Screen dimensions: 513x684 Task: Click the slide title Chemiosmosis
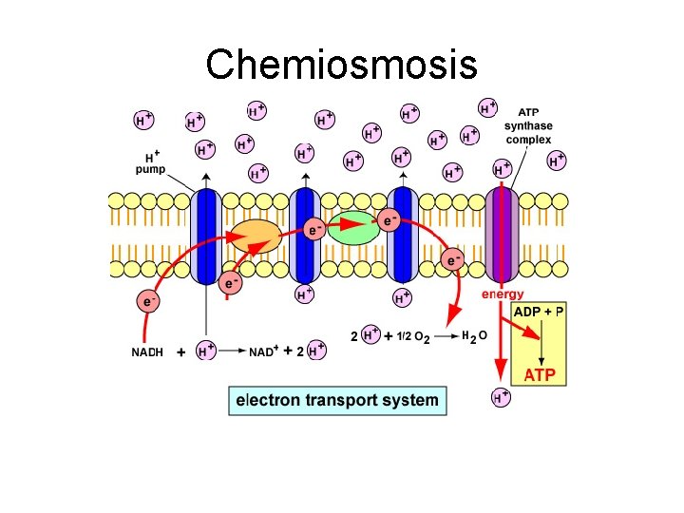pos(341,65)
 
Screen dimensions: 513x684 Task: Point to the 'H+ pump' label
pos(150,163)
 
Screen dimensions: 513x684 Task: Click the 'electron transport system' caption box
pos(337,400)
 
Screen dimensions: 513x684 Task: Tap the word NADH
pos(147,351)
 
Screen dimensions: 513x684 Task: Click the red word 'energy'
pos(502,294)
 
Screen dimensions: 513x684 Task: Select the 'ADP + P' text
pos(539,313)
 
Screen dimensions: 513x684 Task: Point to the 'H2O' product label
pos(475,336)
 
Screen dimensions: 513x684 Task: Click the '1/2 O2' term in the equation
pos(415,337)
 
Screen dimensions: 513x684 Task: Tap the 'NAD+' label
pos(264,351)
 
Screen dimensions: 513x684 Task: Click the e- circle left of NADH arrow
pos(147,301)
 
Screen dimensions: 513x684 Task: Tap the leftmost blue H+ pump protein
pos(206,235)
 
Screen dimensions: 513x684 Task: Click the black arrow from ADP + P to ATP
pos(541,343)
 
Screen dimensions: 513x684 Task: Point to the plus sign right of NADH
pos(180,351)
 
